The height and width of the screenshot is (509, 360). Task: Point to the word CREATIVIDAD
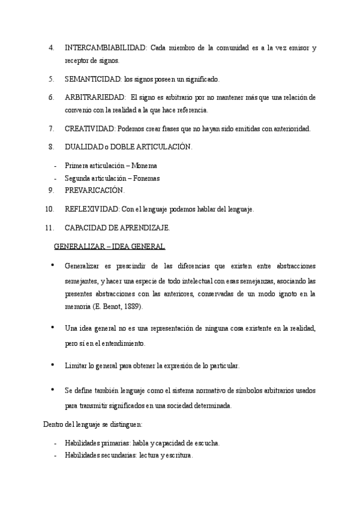(90, 128)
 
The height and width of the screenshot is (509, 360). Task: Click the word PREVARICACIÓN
(94, 190)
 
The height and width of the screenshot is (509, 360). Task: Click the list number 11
(50, 227)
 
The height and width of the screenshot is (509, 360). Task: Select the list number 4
(52, 47)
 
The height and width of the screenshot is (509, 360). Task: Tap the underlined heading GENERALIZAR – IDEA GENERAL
(110, 246)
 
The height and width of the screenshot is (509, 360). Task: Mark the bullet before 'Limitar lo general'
(53, 364)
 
